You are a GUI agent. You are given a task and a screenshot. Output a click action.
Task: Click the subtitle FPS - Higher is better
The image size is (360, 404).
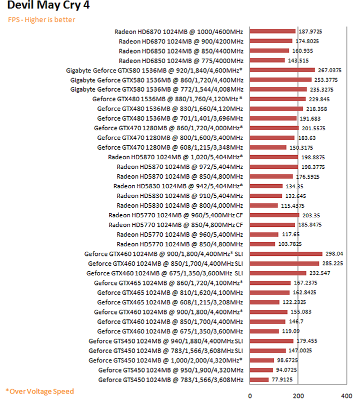(41, 20)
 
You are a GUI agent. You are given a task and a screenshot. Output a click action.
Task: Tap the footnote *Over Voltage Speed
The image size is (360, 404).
(39, 391)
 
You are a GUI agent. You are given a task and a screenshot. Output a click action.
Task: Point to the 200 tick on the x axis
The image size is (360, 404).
(298, 395)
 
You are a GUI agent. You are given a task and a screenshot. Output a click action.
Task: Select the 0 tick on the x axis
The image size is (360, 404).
(250, 395)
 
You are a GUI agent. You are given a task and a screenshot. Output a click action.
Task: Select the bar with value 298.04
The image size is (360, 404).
(286, 254)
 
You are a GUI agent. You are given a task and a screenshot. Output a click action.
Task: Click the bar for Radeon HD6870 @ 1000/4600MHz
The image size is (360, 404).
(272, 31)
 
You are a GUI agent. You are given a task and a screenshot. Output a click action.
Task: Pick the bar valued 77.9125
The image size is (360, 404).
(259, 380)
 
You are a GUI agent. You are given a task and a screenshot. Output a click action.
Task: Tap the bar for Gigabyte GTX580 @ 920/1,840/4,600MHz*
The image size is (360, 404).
(282, 70)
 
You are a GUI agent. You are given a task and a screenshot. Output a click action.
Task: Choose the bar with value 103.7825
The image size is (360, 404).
(262, 244)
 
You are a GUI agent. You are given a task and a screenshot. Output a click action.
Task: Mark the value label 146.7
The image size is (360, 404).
(295, 322)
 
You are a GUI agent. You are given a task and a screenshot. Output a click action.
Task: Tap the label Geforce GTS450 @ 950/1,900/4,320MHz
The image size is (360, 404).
(171, 370)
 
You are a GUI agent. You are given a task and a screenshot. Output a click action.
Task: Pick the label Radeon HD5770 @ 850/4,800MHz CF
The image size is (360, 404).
(176, 225)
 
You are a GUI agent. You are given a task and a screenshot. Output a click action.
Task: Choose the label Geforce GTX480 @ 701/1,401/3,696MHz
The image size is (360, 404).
(170, 118)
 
